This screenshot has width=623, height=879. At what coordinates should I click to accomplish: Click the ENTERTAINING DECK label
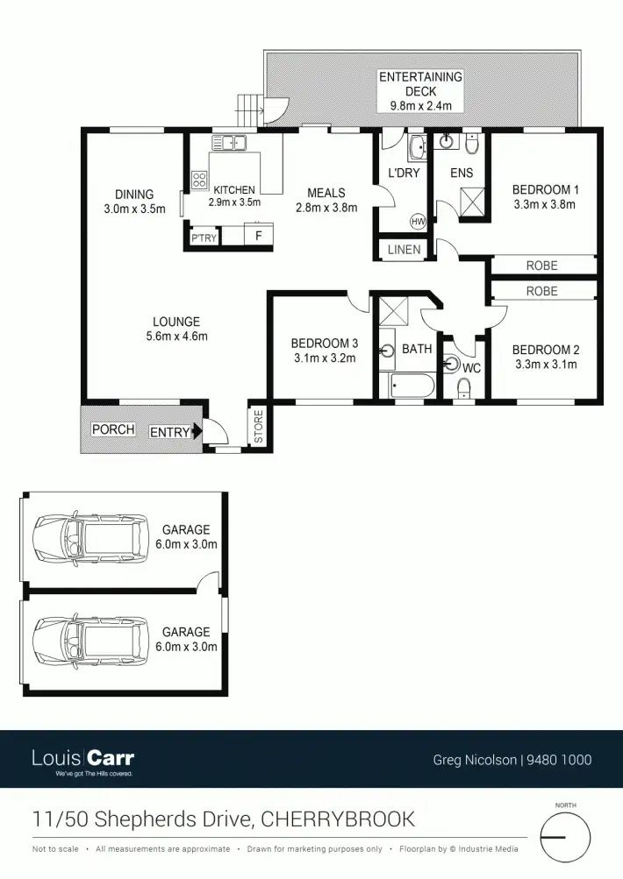pyautogui.click(x=420, y=91)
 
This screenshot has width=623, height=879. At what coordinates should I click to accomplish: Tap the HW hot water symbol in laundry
pyautogui.click(x=418, y=222)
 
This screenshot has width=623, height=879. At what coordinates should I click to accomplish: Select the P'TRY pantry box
pyautogui.click(x=204, y=237)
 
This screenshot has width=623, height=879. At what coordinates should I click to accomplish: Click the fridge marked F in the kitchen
pyautogui.click(x=258, y=236)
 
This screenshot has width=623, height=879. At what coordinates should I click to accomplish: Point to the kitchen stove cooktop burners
pyautogui.click(x=199, y=181)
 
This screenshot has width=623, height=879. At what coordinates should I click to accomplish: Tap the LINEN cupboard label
pyautogui.click(x=405, y=250)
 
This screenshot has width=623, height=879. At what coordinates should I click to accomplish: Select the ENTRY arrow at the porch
pyautogui.click(x=197, y=430)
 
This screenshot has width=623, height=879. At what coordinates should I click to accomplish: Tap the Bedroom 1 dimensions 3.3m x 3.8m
pyautogui.click(x=545, y=205)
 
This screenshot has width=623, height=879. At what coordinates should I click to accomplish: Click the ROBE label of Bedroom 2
pyautogui.click(x=541, y=290)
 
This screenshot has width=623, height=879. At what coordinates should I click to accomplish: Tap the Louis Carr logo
pyautogui.click(x=82, y=760)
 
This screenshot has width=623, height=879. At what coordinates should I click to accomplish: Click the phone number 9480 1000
pyautogui.click(x=558, y=760)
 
